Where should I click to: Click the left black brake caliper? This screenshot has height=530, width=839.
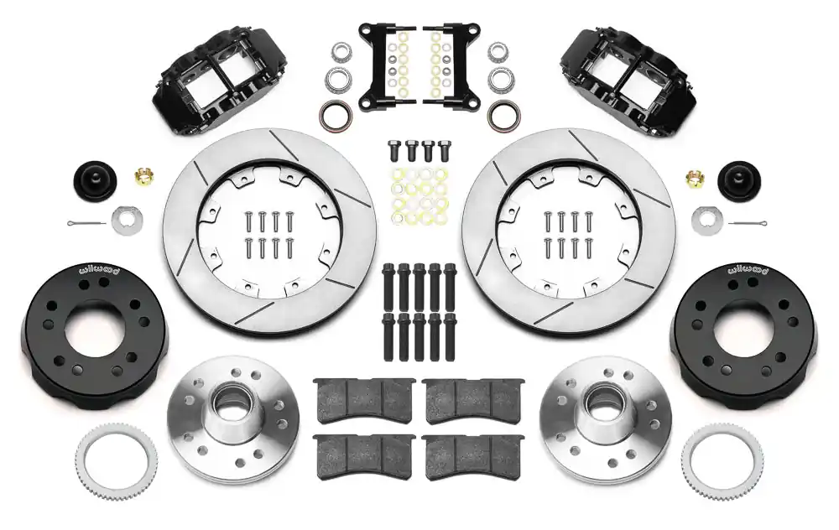tap(219, 81)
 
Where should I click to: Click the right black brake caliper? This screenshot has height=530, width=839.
tap(621, 81)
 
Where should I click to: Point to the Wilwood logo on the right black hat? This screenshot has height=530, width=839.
tap(747, 269)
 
